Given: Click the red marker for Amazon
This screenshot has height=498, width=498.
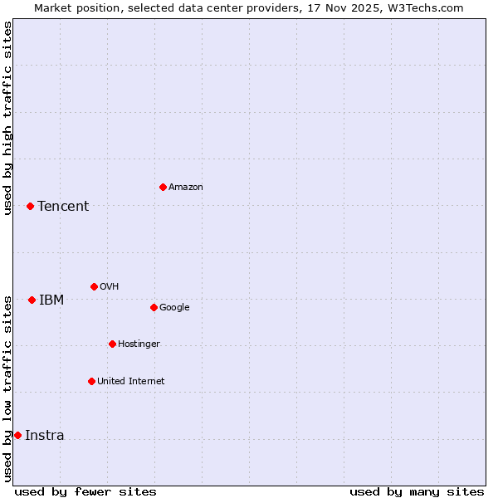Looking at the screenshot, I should (x=163, y=187).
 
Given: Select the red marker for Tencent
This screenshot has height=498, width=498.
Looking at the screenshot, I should (x=30, y=206).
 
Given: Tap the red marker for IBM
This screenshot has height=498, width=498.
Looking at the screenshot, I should (x=32, y=300).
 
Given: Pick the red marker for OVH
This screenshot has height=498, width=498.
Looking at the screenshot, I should (x=94, y=286).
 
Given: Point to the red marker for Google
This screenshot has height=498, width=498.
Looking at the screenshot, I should (x=154, y=307).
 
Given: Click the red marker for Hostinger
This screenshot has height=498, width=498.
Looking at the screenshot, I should (x=112, y=344).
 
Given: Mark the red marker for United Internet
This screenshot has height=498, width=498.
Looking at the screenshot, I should (x=91, y=381).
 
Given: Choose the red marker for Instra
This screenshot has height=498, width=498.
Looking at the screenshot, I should (x=17, y=435).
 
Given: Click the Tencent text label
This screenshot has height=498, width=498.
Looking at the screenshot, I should (x=63, y=207).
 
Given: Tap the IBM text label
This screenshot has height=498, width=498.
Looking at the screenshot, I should (x=51, y=300).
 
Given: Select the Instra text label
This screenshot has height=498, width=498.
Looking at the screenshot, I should (x=44, y=436).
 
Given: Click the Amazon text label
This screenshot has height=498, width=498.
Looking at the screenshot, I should (x=185, y=188).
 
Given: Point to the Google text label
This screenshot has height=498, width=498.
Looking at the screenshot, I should (x=174, y=308).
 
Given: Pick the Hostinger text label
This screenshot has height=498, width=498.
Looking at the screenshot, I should (x=139, y=344).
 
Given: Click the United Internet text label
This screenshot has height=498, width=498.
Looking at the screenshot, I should (x=130, y=382).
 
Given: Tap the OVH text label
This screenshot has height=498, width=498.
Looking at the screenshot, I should (x=109, y=287).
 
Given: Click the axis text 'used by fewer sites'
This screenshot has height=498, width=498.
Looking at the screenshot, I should (x=85, y=491).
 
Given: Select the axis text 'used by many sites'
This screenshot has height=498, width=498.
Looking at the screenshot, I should (x=417, y=491).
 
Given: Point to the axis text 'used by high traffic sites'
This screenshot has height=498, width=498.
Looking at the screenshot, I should (x=7, y=118).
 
